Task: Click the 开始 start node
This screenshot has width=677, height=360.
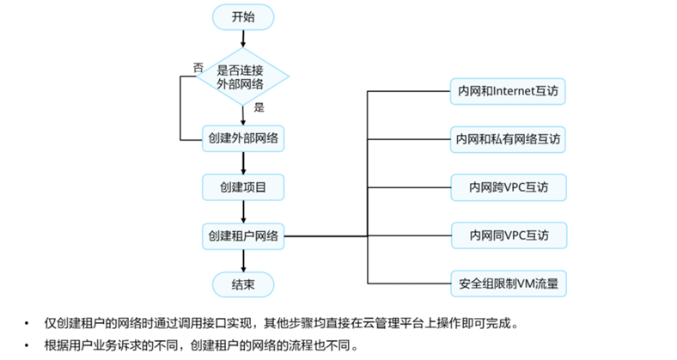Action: pos(243,16)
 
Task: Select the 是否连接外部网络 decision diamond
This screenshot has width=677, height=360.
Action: pos(243,76)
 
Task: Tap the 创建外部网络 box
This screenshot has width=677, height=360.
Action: pos(243,137)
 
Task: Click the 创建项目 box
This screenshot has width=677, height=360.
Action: pos(243,186)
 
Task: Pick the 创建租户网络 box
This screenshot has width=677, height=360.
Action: pos(243,235)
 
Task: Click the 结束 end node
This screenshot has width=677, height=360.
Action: pos(243,284)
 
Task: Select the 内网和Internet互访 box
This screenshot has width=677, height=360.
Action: pos(509,89)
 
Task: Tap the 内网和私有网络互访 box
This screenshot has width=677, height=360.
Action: pos(509,137)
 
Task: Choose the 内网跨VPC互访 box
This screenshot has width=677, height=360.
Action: pos(509,186)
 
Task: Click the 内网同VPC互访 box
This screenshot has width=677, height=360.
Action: pos(509,234)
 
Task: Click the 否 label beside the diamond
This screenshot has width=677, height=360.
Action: pos(198,66)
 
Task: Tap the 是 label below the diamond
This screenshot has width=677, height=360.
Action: pos(259,108)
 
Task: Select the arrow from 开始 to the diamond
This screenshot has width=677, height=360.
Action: pos(243,38)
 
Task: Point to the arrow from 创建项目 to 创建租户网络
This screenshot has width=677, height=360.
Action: pos(243,210)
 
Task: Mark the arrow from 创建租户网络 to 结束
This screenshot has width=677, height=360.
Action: pos(243,259)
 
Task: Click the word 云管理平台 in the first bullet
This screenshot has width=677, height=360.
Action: pos(393,324)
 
